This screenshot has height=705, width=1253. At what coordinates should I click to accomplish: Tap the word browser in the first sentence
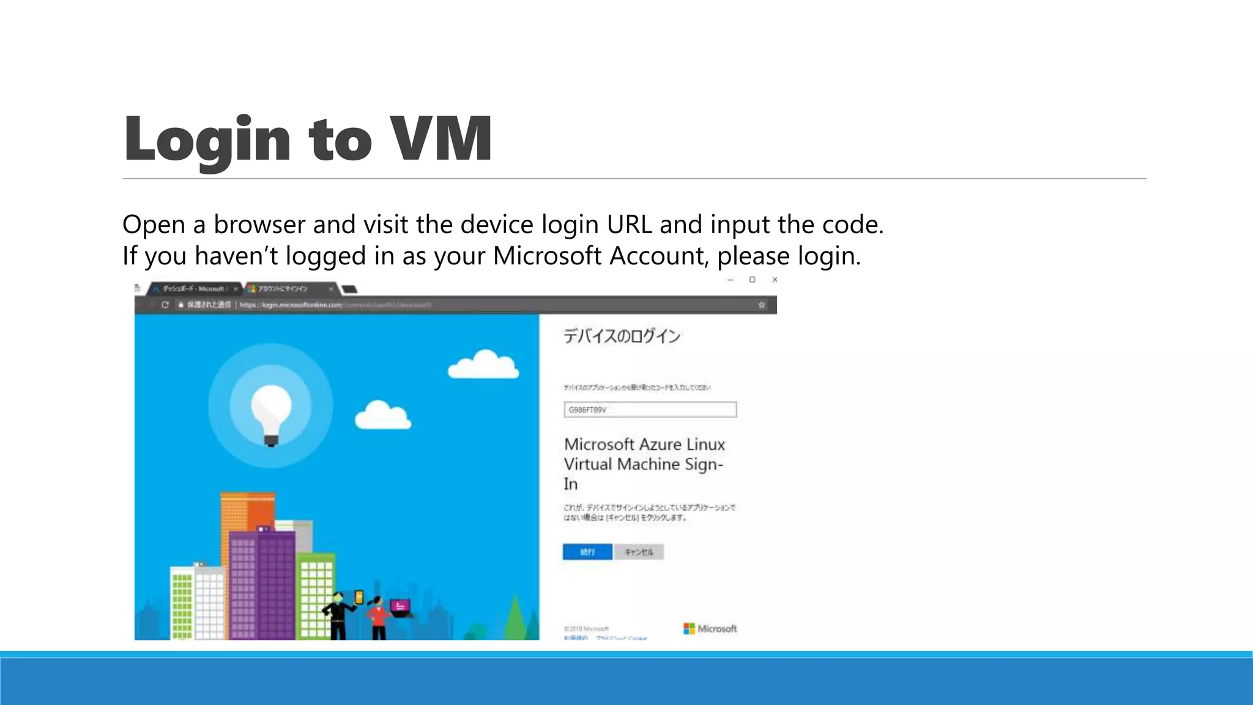tap(260, 225)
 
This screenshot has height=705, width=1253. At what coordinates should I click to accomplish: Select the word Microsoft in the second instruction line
tap(548, 256)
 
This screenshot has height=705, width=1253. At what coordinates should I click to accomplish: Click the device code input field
tap(650, 409)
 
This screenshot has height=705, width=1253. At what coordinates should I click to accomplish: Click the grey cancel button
tap(639, 552)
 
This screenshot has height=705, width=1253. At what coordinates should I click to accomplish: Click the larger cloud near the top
tap(484, 365)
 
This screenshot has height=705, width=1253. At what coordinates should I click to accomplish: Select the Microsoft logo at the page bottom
tap(710, 629)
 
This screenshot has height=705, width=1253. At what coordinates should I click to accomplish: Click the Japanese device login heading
tap(622, 336)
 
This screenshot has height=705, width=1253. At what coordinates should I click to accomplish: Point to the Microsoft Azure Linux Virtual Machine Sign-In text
tap(644, 463)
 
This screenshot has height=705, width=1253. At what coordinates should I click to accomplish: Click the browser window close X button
tap(775, 280)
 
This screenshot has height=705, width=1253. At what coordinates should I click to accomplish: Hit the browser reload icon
tap(165, 305)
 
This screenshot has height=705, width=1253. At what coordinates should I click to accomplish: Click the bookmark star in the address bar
tap(762, 305)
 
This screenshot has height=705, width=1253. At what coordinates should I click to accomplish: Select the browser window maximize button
tap(752, 280)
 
